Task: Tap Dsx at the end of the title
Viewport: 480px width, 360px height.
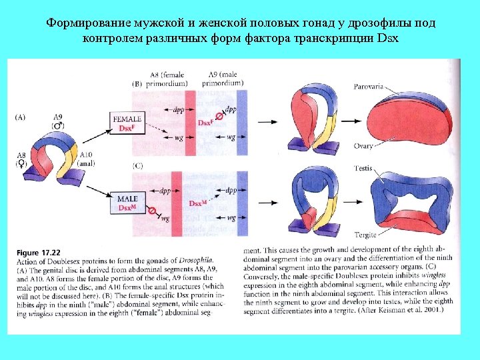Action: click(x=387, y=37)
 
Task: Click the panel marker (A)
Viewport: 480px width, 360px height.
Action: click(x=21, y=117)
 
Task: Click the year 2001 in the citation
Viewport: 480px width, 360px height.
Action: click(x=443, y=309)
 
